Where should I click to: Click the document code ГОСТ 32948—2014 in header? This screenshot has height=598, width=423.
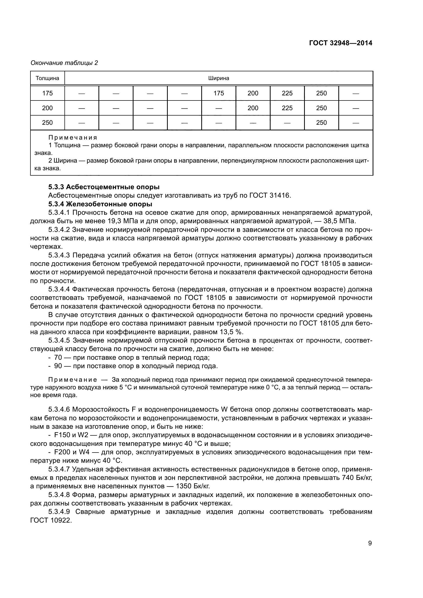coord(340,43)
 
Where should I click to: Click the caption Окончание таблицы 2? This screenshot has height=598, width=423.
coord(64,63)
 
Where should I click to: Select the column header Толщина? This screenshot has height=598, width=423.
coord(47,78)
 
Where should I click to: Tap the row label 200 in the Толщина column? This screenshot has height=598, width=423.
coord(47,108)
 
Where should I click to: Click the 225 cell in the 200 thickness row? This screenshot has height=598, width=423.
coord(287,108)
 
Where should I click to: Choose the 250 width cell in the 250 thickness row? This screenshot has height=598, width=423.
coord(321,122)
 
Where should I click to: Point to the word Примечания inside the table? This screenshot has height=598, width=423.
coord(73,137)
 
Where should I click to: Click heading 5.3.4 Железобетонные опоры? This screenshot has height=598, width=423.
coord(100,204)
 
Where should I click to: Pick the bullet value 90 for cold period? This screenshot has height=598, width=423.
coord(58,366)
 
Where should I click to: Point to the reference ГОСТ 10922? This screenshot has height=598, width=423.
coord(51,520)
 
